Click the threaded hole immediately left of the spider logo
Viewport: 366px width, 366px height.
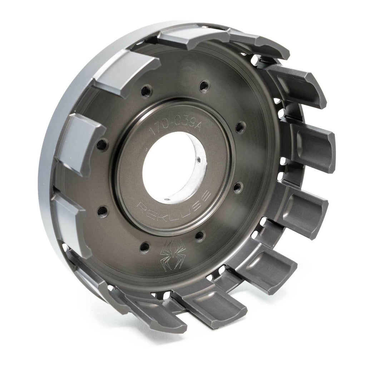click(x=145, y=246)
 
